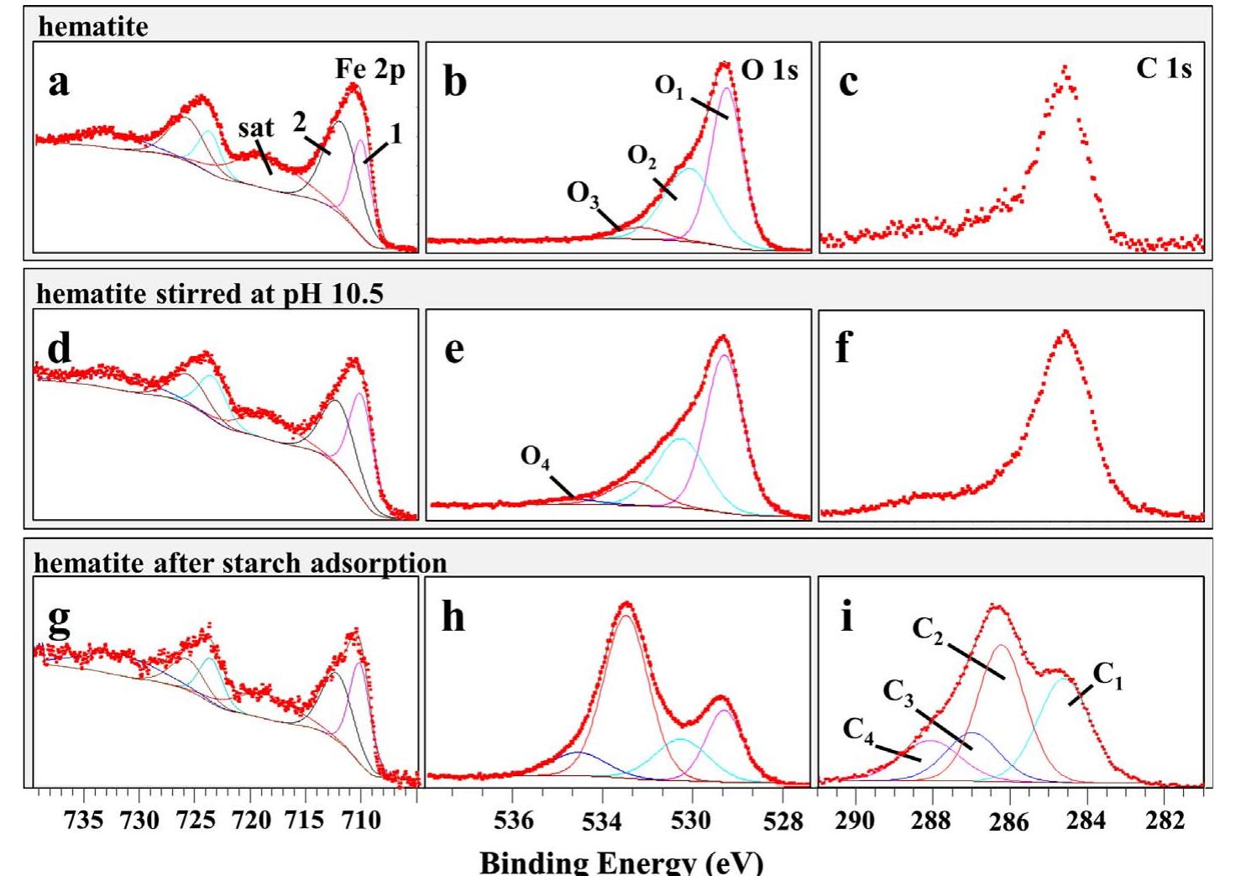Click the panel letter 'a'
pyautogui.click(x=58, y=82)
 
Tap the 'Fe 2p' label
pyautogui.click(x=370, y=70)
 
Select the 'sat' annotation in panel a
pyautogui.click(x=255, y=129)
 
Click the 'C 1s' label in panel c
pyautogui.click(x=1164, y=69)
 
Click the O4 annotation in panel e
pyautogui.click(x=535, y=461)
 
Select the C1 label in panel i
pyautogui.click(x=1108, y=674)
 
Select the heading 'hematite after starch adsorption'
pyautogui.click(x=240, y=563)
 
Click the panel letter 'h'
pyautogui.click(x=453, y=620)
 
